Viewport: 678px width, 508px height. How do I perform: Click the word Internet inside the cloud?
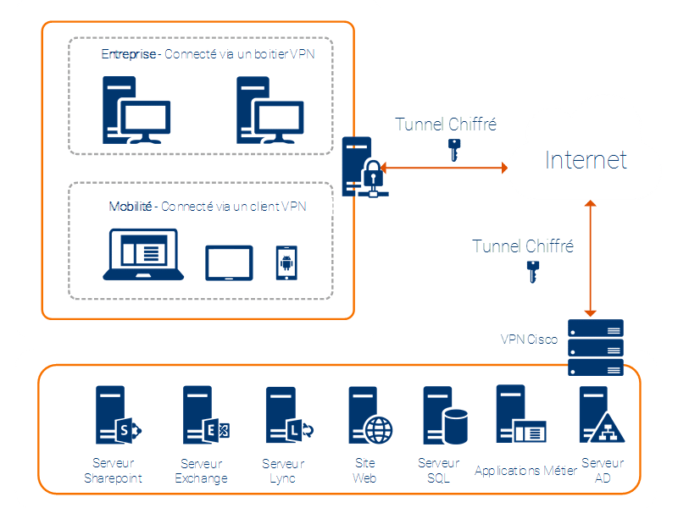pos(586,159)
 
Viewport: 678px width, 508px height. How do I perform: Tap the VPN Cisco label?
pos(529,340)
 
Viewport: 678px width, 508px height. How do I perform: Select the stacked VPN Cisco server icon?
pos(595,347)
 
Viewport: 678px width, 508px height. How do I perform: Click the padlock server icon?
pos(363,166)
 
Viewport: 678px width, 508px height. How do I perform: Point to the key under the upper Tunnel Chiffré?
pos(453,150)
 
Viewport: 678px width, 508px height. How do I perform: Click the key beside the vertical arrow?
pos(533,272)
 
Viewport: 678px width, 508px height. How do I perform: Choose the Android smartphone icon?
pos(286,262)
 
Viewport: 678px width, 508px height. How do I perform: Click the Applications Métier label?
pos(525,470)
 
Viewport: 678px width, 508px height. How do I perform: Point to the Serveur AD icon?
pos(601,417)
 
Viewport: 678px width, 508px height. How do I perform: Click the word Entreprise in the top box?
pos(129,54)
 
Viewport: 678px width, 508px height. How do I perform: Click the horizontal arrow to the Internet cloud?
pos(444,168)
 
